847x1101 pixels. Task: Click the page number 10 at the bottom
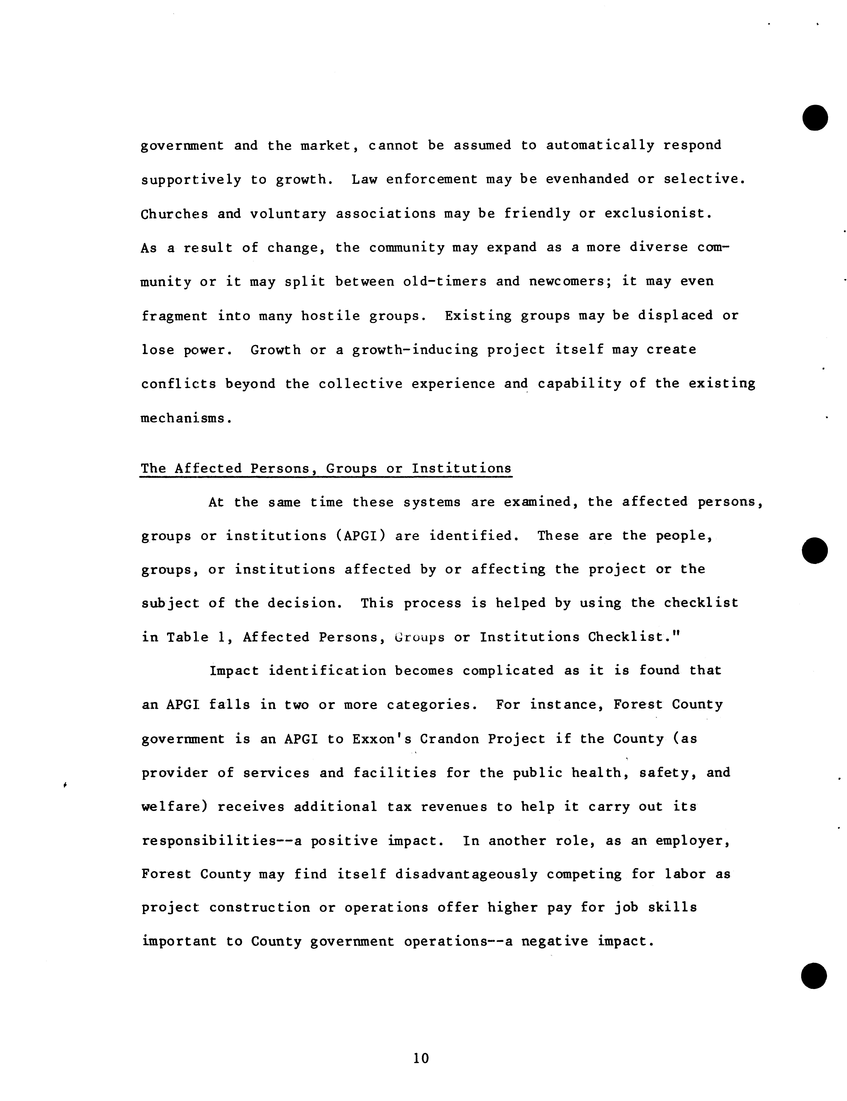click(x=421, y=1058)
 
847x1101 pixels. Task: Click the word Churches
click(x=174, y=214)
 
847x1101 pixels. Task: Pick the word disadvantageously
click(x=466, y=874)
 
